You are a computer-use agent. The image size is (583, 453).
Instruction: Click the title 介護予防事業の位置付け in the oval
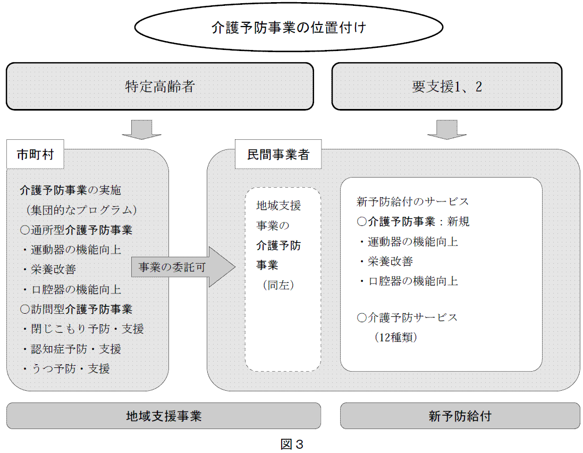pos(289,28)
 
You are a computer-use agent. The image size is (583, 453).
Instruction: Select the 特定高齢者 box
pos(160,86)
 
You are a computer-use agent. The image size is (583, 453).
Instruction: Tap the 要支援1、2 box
pos(446,86)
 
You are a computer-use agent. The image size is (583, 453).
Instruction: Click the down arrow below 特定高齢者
pos(142,129)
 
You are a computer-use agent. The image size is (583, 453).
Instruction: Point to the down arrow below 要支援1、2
pos(446,129)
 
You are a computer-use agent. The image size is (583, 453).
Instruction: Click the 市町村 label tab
pos(35,154)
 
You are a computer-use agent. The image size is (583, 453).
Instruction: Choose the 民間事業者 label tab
pos(278,154)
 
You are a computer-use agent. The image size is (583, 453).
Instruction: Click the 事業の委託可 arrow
pos(183,267)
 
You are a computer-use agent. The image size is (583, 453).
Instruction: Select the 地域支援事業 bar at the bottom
pos(164,416)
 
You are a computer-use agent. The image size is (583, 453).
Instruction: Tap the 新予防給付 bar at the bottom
pos(460,416)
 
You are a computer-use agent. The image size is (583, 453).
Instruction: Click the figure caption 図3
pos(292,444)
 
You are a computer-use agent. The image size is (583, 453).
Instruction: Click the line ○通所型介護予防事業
pos(76,230)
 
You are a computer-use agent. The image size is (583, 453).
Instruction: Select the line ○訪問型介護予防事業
pos(76,309)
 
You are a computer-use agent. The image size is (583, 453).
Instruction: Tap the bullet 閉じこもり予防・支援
pos(82,329)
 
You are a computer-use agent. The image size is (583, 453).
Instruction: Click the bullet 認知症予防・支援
pos(71,349)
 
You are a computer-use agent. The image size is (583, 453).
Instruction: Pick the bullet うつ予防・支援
pos(66,368)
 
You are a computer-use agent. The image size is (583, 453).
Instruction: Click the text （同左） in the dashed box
pos(278,286)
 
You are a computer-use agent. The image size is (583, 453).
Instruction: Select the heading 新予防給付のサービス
pos(413,202)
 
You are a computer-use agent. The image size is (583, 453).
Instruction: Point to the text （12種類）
pos(395,337)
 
